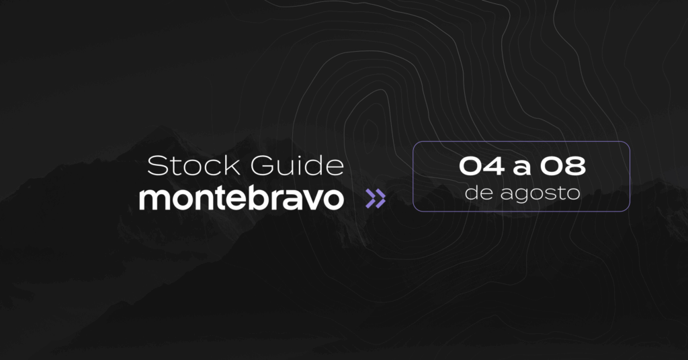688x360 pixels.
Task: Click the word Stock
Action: (193, 166)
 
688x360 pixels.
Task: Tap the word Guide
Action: (297, 166)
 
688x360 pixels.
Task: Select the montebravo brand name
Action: (241, 198)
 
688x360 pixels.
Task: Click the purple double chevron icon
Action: (376, 199)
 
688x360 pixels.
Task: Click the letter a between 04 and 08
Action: (521, 169)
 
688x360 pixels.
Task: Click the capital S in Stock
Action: (157, 166)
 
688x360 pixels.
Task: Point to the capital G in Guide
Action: (263, 166)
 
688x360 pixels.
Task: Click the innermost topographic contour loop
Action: (370, 131)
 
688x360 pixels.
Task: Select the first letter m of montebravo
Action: (154, 201)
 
